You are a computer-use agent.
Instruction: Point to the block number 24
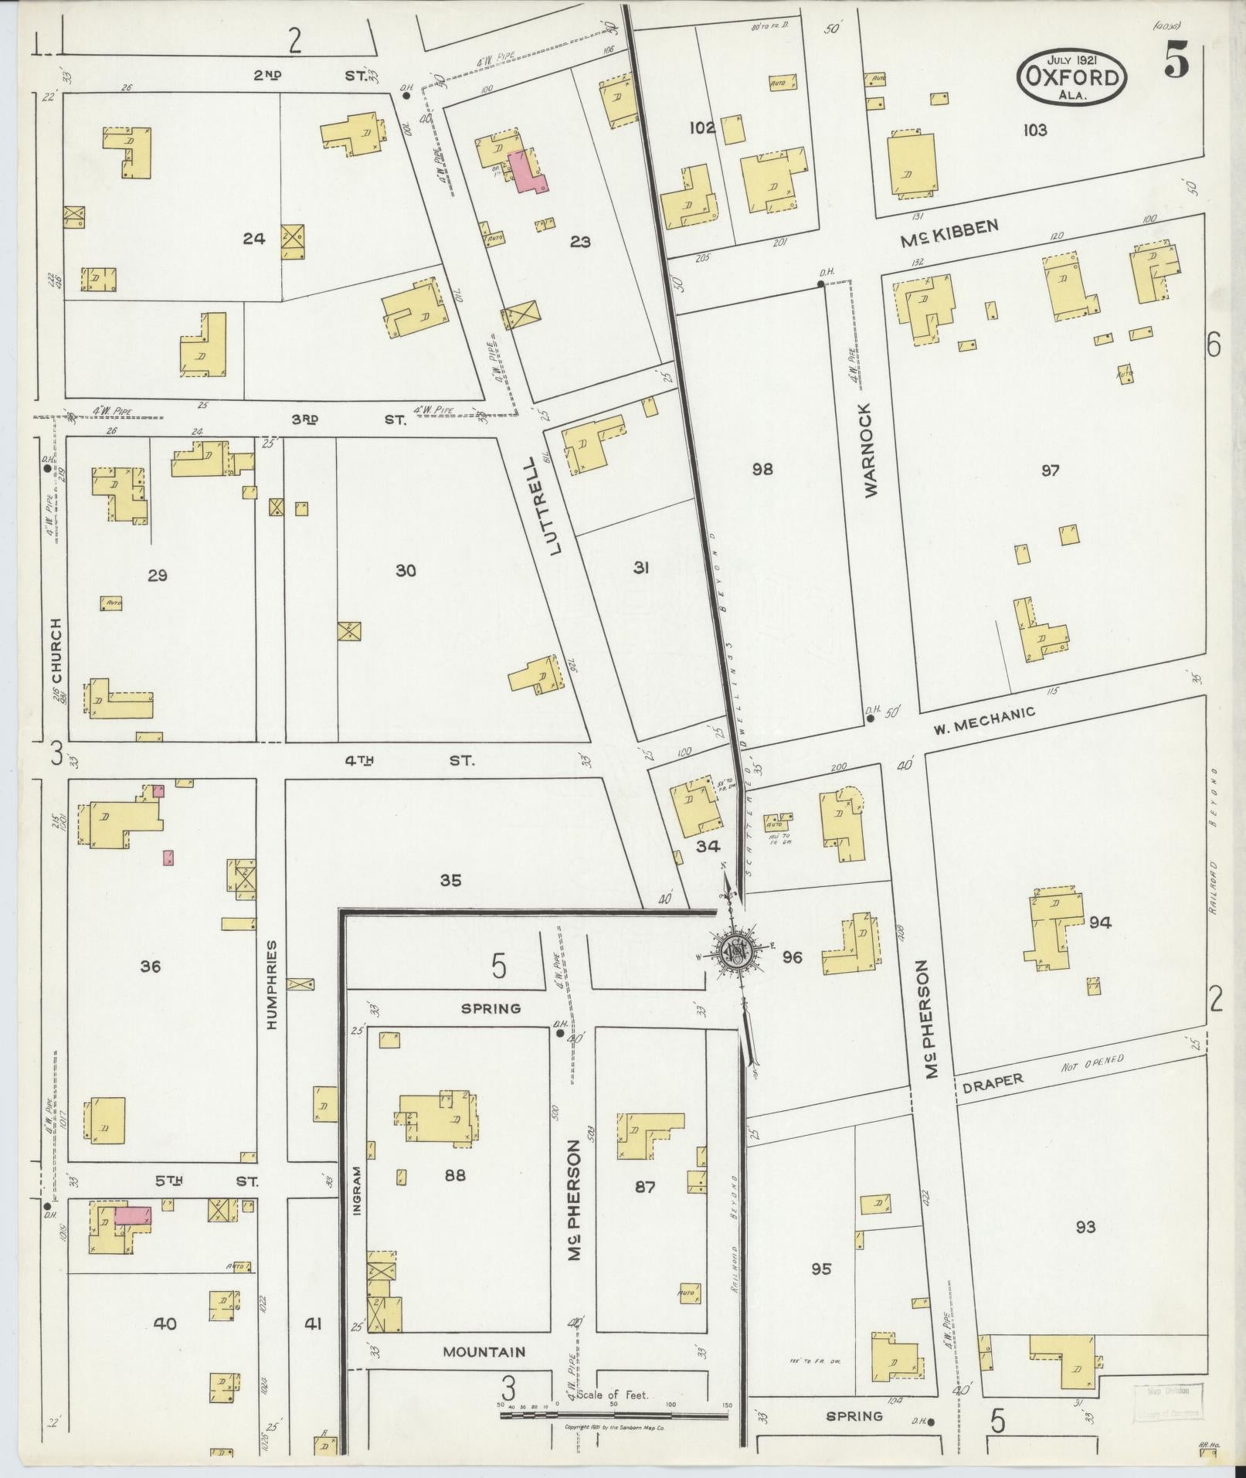pyautogui.click(x=253, y=239)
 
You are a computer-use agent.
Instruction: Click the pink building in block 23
pyautogui.click(x=525, y=171)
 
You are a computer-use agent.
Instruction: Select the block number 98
pyautogui.click(x=762, y=469)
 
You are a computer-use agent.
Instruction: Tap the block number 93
pyautogui.click(x=1085, y=1227)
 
